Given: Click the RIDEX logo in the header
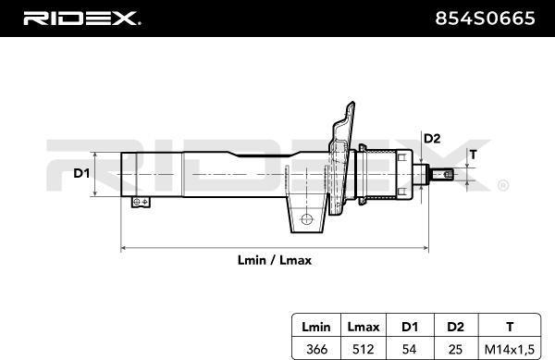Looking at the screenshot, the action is click(81, 19).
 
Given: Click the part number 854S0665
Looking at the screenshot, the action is click(485, 19).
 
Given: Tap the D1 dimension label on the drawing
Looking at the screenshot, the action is click(81, 173).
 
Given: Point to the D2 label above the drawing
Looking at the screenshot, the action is click(432, 139).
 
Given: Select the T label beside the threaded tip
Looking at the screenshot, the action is click(474, 155).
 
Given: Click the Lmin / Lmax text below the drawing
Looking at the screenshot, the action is click(275, 261).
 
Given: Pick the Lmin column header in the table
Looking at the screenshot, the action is click(316, 327).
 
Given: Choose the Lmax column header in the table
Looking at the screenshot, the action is click(364, 327).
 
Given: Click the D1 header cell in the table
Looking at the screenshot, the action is click(410, 327).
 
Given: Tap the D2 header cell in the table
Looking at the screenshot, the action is click(455, 327).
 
